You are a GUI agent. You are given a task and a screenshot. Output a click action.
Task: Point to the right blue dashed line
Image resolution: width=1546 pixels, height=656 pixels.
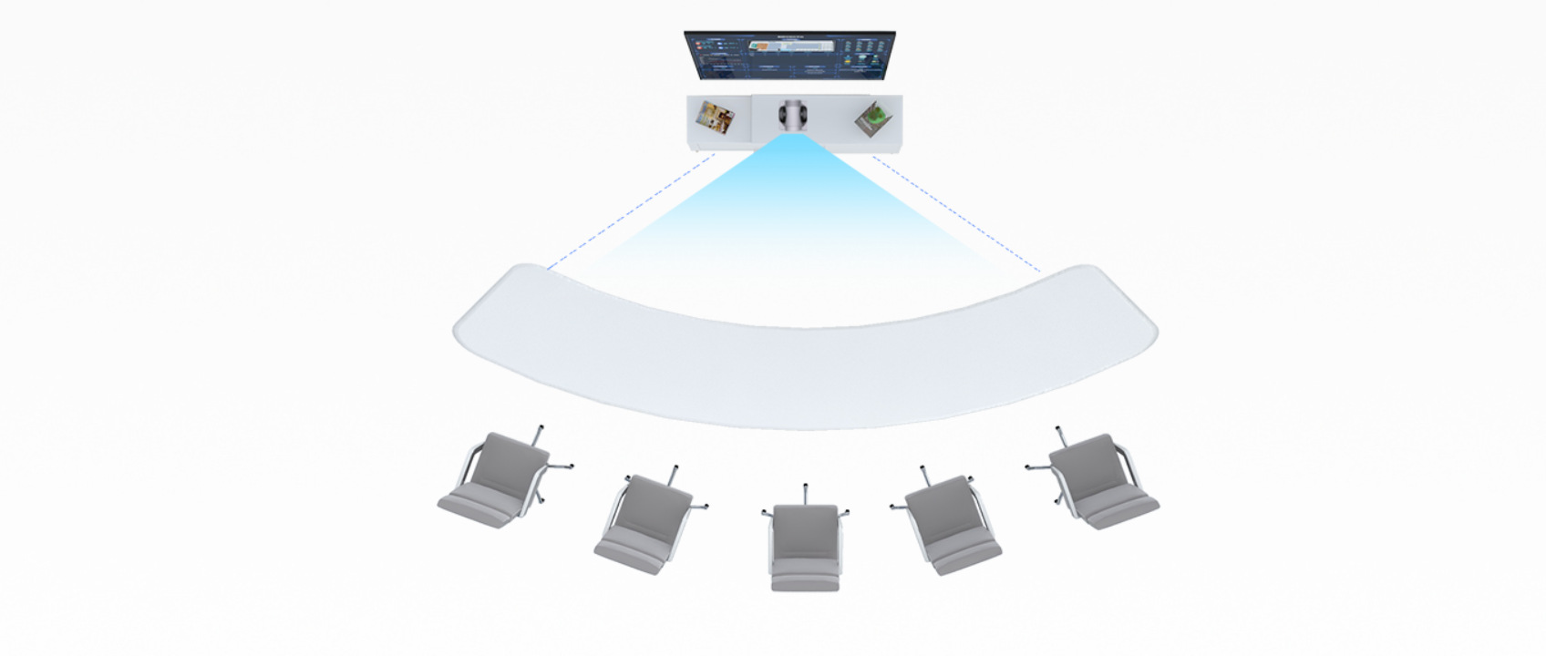pos(956,213)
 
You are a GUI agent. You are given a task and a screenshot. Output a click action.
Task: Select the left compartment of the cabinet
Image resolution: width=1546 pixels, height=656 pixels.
pos(717,122)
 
